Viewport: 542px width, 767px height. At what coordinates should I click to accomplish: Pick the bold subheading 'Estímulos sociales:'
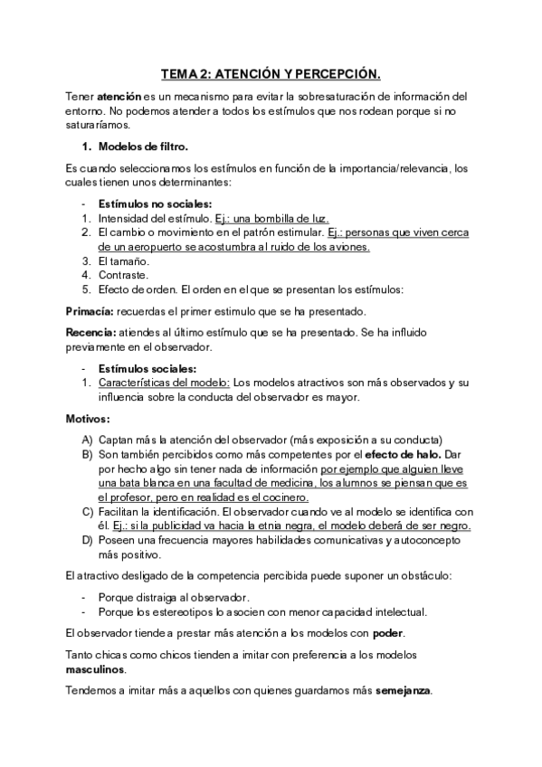[147, 368]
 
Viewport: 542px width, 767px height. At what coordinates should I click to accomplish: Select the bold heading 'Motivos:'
[88, 419]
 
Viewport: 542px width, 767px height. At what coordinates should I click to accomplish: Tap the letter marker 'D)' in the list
[88, 540]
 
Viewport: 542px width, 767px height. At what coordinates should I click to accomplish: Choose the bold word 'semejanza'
[404, 691]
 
